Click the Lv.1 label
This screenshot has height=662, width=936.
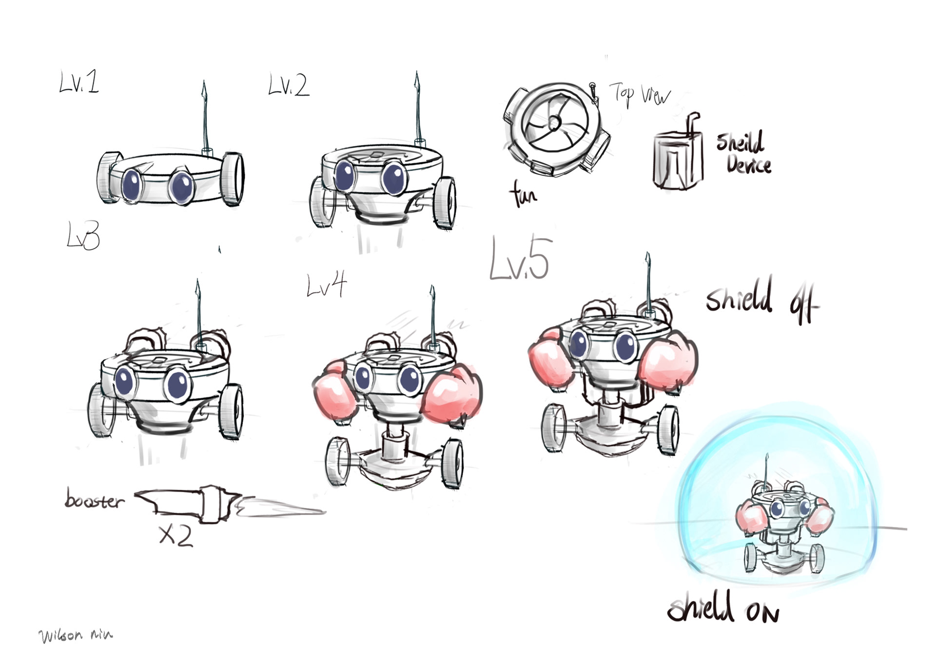click(x=79, y=82)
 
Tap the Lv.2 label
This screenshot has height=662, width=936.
click(x=289, y=85)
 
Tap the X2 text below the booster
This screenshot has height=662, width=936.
click(x=176, y=536)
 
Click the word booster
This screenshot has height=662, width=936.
click(x=94, y=500)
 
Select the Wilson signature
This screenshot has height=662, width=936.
click(x=76, y=635)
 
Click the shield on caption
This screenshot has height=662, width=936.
click(x=722, y=609)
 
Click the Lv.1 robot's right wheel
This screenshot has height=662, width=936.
click(x=233, y=179)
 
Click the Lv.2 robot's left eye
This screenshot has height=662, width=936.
click(x=346, y=175)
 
